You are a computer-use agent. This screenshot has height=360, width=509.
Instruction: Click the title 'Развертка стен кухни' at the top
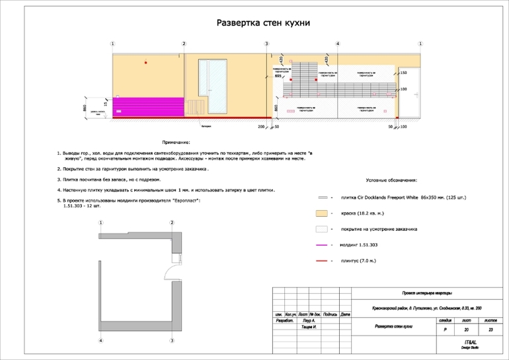(x=264, y=23)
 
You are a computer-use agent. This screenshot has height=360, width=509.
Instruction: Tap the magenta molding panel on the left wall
(x=147, y=108)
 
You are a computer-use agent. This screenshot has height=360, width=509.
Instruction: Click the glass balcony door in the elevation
(x=214, y=87)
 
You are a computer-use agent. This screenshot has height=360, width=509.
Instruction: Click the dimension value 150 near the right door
(x=403, y=73)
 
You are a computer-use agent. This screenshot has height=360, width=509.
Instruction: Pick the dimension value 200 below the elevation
(x=260, y=126)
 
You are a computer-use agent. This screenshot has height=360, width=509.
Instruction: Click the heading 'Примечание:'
(x=176, y=142)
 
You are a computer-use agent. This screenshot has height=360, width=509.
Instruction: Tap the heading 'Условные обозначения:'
(x=396, y=180)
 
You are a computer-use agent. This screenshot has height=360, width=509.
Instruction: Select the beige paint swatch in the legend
(x=323, y=213)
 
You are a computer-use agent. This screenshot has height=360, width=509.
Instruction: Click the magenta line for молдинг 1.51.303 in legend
(x=323, y=245)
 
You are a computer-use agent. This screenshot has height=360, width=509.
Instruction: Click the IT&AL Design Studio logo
(x=471, y=344)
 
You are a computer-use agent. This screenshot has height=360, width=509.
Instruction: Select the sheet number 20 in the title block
(x=466, y=329)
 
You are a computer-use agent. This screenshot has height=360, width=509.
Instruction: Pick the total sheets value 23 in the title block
(x=490, y=329)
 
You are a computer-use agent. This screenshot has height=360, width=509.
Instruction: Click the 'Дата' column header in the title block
(x=345, y=314)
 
